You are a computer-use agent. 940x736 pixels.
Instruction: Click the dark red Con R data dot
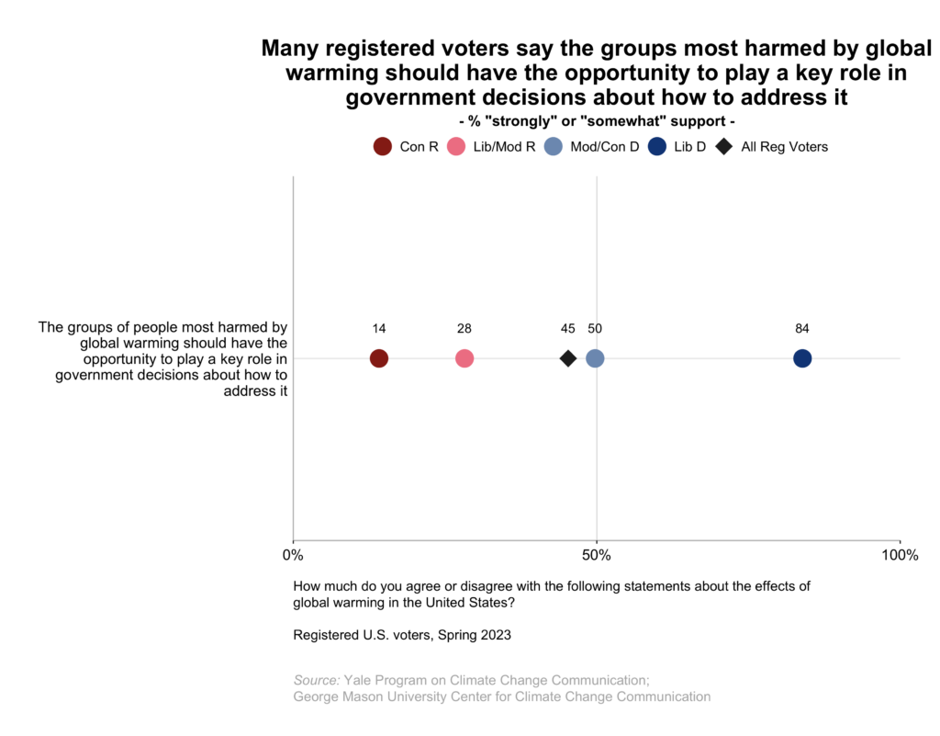click(378, 358)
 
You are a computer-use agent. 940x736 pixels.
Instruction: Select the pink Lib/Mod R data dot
click(464, 358)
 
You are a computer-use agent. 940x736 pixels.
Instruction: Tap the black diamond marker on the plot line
click(568, 358)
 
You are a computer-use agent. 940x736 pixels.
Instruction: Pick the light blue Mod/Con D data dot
click(595, 358)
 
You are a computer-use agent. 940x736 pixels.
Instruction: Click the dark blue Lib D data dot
click(802, 358)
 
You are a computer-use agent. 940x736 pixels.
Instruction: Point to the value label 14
click(378, 329)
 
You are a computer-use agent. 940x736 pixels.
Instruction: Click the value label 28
click(464, 329)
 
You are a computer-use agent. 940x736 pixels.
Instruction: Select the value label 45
click(568, 329)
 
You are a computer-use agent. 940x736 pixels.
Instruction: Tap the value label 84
click(802, 329)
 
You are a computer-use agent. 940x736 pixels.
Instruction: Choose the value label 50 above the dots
click(595, 329)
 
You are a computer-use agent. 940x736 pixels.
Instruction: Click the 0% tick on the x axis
click(293, 555)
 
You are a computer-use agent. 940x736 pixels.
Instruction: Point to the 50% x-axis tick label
click(597, 555)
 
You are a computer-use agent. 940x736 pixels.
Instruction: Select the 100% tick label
click(900, 555)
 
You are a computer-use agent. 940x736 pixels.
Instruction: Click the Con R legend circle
click(382, 146)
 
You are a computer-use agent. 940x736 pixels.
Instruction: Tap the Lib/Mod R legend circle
click(455, 146)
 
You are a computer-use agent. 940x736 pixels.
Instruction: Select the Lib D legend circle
click(656, 146)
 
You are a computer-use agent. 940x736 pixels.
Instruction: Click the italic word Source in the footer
click(315, 680)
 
